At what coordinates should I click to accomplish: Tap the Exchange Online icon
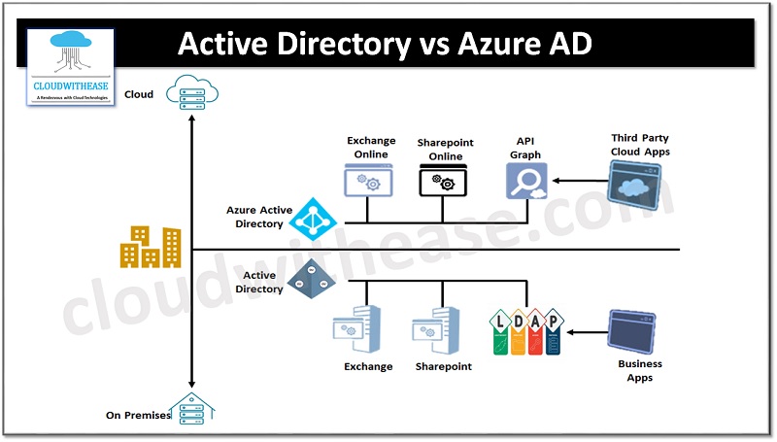pos(367,182)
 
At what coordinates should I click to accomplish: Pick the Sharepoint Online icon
pos(443,182)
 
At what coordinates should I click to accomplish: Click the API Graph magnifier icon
pos(526,180)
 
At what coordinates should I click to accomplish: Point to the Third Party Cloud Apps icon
pos(639,182)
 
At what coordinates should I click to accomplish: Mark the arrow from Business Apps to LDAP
pos(585,331)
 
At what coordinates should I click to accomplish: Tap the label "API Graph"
pos(524,148)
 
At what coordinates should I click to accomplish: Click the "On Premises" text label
pos(138,416)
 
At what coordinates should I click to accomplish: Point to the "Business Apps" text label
pos(640,370)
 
